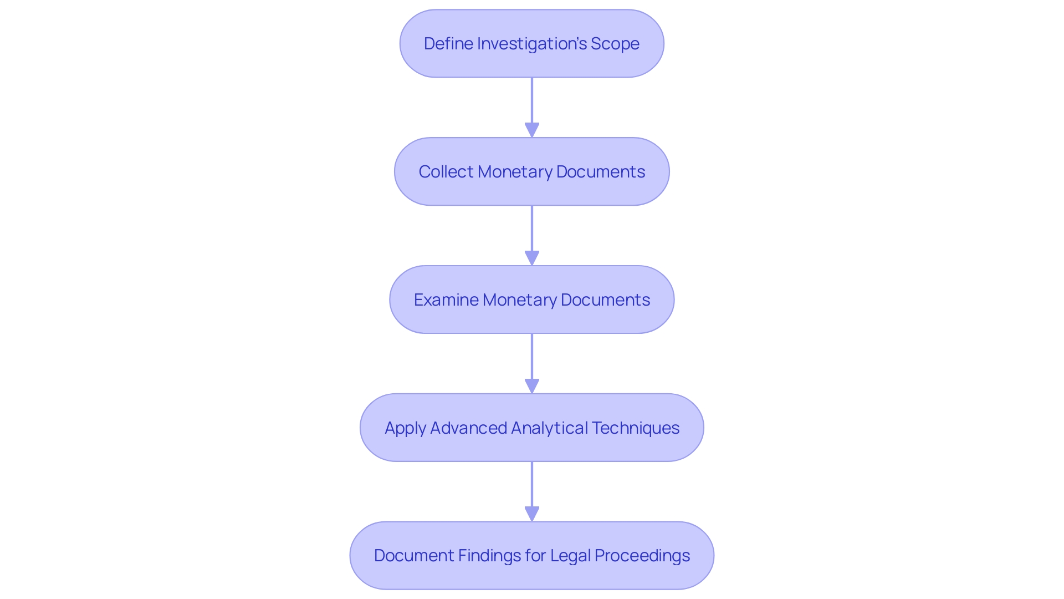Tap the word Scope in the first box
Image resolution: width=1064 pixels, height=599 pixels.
tap(615, 43)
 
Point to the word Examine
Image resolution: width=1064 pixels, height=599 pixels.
tap(446, 300)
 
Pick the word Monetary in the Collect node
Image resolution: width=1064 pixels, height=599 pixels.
tap(515, 172)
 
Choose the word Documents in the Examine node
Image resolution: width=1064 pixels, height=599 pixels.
tap(605, 300)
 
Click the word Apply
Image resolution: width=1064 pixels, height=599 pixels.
tap(405, 428)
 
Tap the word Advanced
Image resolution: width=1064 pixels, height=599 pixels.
tap(468, 428)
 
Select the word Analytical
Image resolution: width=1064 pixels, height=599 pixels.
tap(549, 428)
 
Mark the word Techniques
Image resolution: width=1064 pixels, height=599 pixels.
tap(636, 428)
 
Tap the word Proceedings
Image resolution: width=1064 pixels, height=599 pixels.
tap(642, 556)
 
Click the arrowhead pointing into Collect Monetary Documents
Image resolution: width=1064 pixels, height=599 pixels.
tap(532, 130)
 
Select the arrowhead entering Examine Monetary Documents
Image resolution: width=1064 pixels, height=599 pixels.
tap(532, 258)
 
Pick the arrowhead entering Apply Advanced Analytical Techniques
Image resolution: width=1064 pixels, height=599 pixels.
tap(532, 386)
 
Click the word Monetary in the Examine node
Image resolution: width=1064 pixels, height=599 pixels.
tap(519, 300)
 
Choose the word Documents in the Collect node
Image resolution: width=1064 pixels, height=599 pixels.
tap(601, 172)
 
